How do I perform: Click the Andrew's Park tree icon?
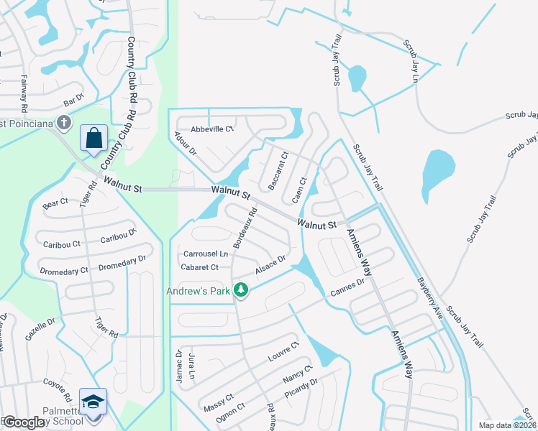click(242, 291)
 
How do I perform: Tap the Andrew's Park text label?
click(198, 291)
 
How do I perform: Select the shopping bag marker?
click(95, 138)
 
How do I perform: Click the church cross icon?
click(64, 122)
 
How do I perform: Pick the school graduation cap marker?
click(93, 403)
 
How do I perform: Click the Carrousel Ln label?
click(205, 254)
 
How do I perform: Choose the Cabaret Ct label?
click(200, 267)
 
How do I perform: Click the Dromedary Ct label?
click(64, 271)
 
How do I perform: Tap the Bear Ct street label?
click(55, 203)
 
